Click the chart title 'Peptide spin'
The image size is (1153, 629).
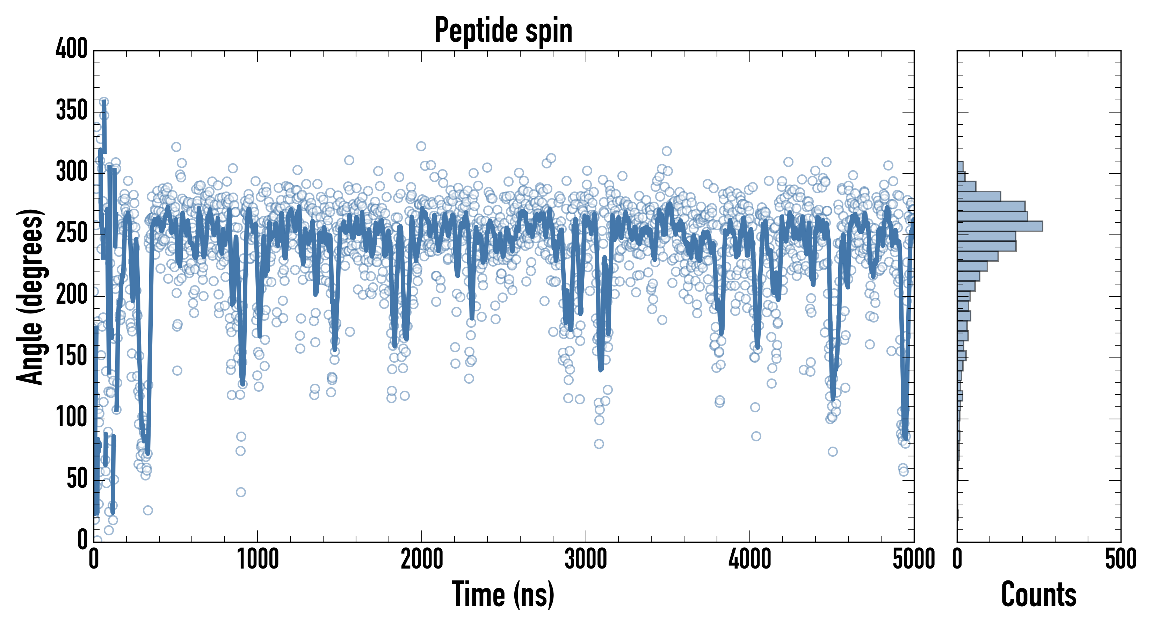[x=503, y=30]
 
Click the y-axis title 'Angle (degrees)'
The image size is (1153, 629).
[x=30, y=296]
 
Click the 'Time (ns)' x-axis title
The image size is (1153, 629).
[x=503, y=594]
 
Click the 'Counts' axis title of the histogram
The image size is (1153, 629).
[x=1038, y=594]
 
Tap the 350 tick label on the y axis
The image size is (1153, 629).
[x=72, y=110]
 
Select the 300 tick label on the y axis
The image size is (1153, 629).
[x=72, y=172]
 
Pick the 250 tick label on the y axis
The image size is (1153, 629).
[x=72, y=233]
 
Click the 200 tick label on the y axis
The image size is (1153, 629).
[x=72, y=295]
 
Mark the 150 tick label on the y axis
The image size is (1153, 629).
[x=72, y=356]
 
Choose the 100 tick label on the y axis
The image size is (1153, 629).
[x=72, y=418]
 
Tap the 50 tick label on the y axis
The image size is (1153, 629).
[x=77, y=479]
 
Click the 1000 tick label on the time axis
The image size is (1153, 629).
[x=258, y=559]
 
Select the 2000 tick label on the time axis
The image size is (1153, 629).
[x=422, y=559]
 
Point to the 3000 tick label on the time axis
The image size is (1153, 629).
[x=586, y=559]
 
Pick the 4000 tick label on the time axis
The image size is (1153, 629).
[x=750, y=559]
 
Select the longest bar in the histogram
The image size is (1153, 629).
[x=1000, y=226]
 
